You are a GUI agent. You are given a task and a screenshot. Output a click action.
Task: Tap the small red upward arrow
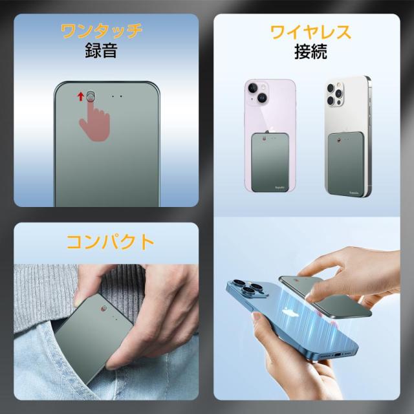click(x=81, y=97)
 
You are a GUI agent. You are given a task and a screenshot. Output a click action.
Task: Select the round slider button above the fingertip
click(x=91, y=96)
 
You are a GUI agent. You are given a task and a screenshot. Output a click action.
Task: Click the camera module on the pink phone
click(x=257, y=93)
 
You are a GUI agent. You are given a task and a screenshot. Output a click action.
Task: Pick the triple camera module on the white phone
click(x=336, y=93)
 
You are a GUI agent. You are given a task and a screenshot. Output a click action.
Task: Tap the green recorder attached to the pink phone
click(x=270, y=161)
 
